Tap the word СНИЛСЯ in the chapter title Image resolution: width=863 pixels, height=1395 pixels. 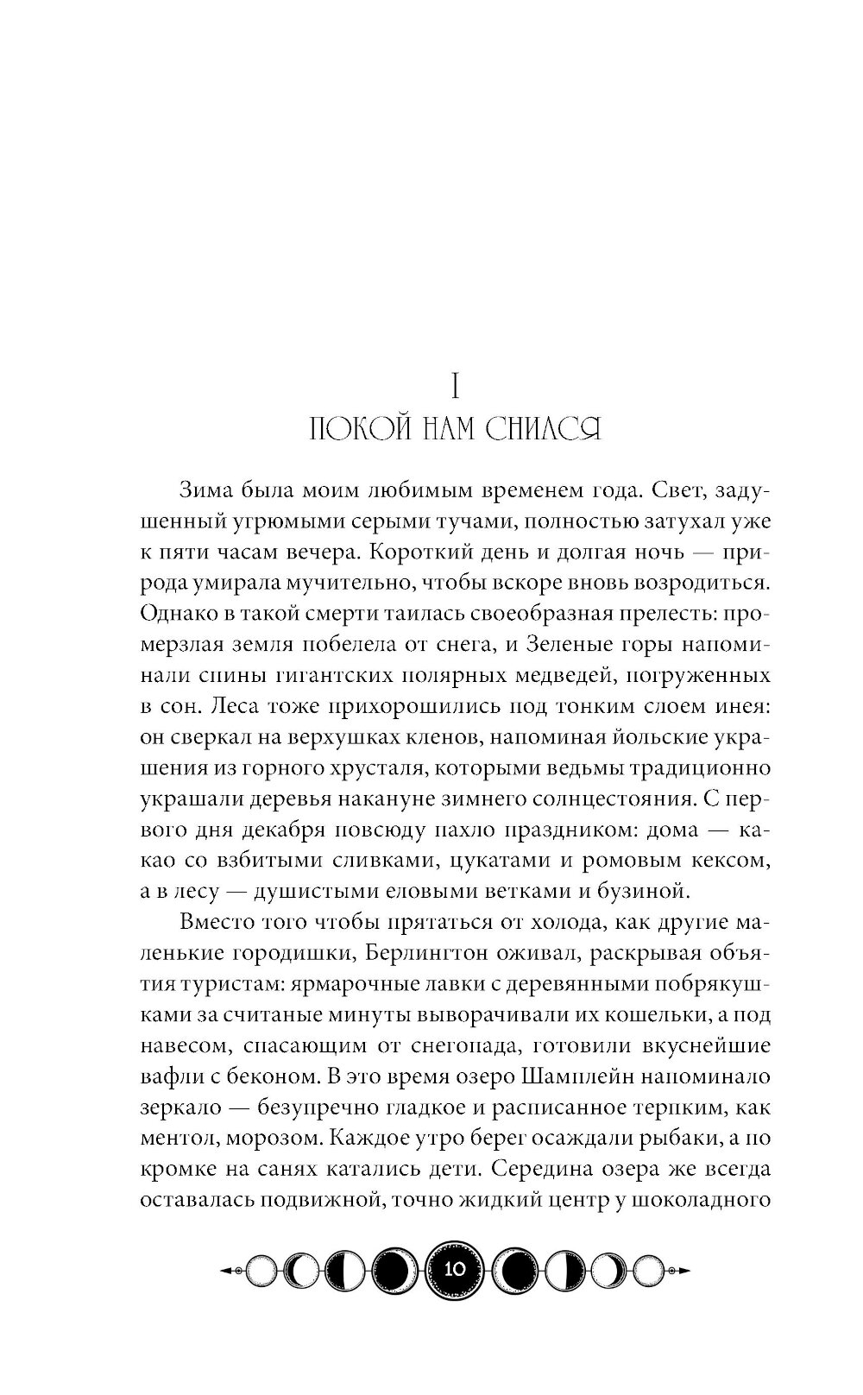coord(543,429)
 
